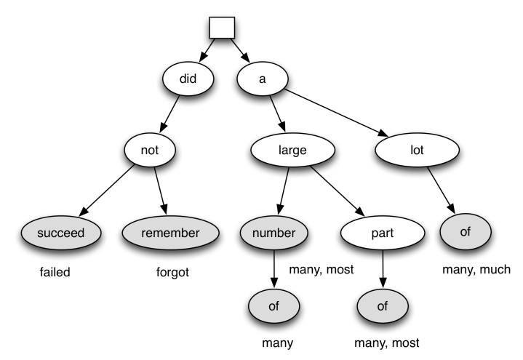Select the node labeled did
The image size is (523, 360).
coord(188,79)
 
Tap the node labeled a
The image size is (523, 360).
coord(262,79)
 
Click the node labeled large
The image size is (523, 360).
coord(292,151)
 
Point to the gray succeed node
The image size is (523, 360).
coord(60,233)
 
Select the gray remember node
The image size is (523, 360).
coord(170,233)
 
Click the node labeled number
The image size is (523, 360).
coord(274,233)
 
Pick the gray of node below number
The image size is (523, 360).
coord(274,306)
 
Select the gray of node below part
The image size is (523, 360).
coord(383,306)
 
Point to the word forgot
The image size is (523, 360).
coord(173,273)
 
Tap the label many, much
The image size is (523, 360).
coord(476,270)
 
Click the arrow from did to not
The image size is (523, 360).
coord(170,115)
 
